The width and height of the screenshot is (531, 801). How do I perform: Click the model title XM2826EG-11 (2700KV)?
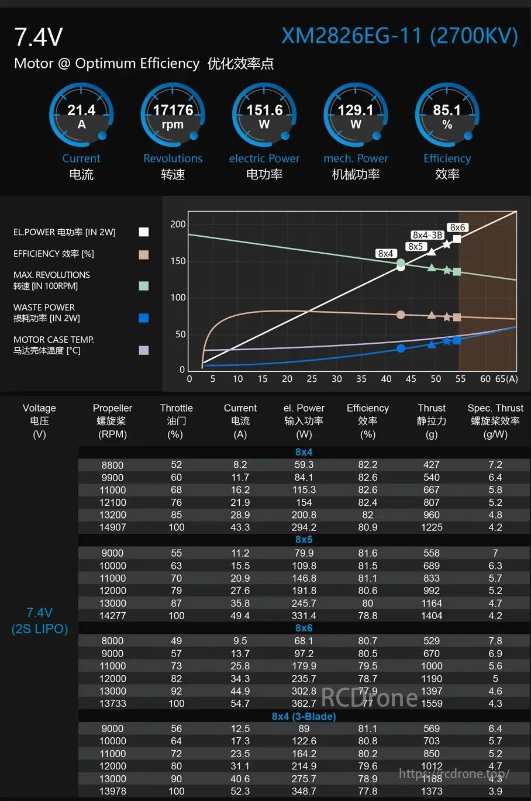pyautogui.click(x=399, y=36)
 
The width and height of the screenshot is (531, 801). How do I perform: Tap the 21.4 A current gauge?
pyautogui.click(x=81, y=115)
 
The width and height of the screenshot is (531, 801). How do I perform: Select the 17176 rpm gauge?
pyautogui.click(x=173, y=115)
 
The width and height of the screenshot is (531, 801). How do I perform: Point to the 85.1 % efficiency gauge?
pyautogui.click(x=447, y=115)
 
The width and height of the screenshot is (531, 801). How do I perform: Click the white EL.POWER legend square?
pyautogui.click(x=144, y=232)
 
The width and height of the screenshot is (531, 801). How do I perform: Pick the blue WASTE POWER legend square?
pyautogui.click(x=144, y=318)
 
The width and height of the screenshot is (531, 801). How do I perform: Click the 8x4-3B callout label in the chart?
pyautogui.click(x=427, y=235)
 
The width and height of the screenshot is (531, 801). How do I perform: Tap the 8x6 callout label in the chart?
pyautogui.click(x=457, y=227)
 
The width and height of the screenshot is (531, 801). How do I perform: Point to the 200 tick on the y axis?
pyautogui.click(x=178, y=225)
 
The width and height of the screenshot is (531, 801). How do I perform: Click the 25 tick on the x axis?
pyautogui.click(x=312, y=379)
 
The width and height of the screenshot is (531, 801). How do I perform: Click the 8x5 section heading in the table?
pyautogui.click(x=304, y=540)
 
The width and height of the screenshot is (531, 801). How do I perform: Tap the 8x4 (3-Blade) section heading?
pyautogui.click(x=304, y=716)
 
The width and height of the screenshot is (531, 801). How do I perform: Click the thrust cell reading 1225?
pyautogui.click(x=432, y=527)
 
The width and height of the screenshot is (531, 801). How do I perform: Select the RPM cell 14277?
pyautogui.click(x=112, y=616)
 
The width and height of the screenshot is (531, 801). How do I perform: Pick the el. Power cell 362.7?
pyautogui.click(x=304, y=703)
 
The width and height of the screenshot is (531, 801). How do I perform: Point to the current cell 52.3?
pyautogui.click(x=240, y=791)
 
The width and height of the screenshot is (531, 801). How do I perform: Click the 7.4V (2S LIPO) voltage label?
pyautogui.click(x=40, y=620)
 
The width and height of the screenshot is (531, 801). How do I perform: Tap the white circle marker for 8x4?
pyautogui.click(x=401, y=267)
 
